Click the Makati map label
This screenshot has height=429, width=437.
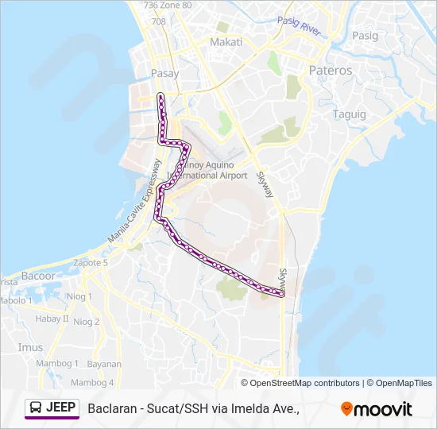[x=226, y=41]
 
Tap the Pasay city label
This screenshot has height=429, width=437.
[x=164, y=73]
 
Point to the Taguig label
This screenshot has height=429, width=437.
[x=350, y=114]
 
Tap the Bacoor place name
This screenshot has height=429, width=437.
[x=39, y=276]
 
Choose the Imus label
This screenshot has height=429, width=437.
[x=30, y=347]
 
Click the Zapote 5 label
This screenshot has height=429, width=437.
[x=90, y=262]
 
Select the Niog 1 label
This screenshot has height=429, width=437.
[x=79, y=296]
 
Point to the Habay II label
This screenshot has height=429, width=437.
[x=52, y=319]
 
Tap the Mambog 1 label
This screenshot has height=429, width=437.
[x=59, y=363]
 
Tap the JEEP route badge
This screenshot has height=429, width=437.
[x=52, y=408]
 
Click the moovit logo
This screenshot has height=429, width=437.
[x=377, y=409]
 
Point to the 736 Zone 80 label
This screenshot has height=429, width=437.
[x=168, y=5]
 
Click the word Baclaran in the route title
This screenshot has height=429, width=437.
[x=112, y=409]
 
